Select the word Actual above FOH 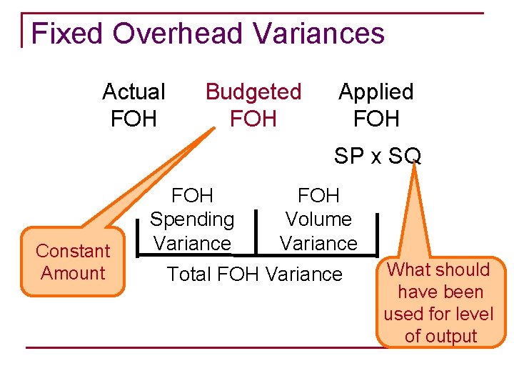133,91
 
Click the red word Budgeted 253,91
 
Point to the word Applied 376,91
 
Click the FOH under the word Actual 133,118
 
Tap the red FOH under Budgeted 253,118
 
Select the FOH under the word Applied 376,118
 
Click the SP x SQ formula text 378,156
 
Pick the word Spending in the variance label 192,219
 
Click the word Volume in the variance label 318,219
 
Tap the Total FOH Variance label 254,274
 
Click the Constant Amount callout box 74,262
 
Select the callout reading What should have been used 438,302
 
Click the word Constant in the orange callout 74,251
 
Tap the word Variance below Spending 192,244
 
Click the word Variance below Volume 318,244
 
